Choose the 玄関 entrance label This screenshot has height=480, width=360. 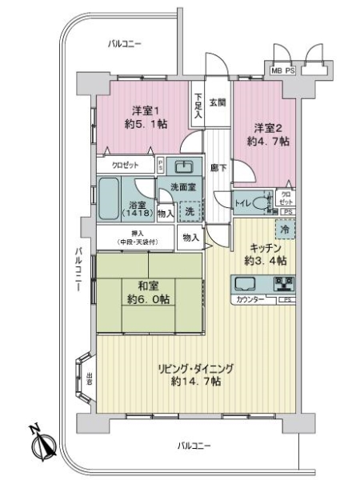218,102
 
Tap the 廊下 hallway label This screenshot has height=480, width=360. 218,168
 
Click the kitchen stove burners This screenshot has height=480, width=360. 284,284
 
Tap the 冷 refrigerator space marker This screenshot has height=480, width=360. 286,229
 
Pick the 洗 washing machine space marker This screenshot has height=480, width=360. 190,212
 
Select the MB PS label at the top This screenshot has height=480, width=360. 283,70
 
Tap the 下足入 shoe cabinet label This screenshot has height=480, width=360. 197,107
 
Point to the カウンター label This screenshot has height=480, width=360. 250,300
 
